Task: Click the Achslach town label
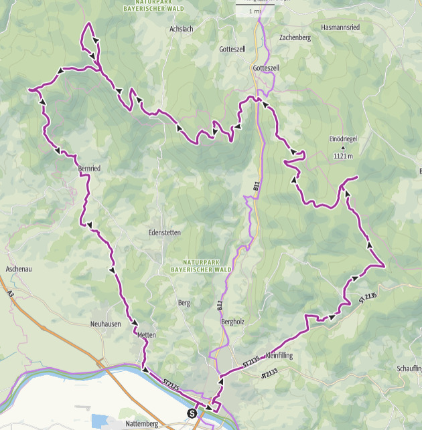pyautogui.click(x=182, y=29)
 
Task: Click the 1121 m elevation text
pyautogui.click(x=343, y=156)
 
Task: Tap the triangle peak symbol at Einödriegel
pyautogui.click(x=343, y=147)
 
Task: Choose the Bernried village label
pyautogui.click(x=89, y=169)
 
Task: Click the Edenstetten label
pyautogui.click(x=164, y=233)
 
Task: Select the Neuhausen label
pyautogui.click(x=105, y=323)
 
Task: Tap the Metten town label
pyautogui.click(x=146, y=334)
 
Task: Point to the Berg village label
pyautogui.click(x=184, y=303)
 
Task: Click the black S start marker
pyautogui.click(x=193, y=413)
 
